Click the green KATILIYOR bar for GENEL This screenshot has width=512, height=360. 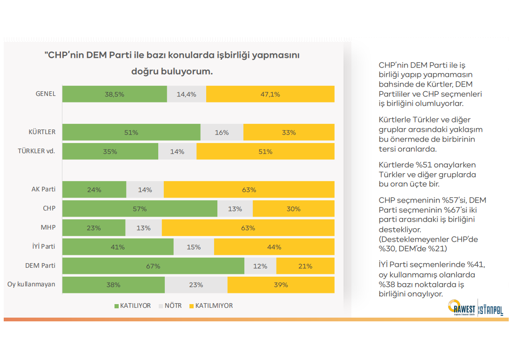pyautogui.click(x=115, y=94)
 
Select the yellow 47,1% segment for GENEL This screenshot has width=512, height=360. pyautogui.click(x=270, y=94)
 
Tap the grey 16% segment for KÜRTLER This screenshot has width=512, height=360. pyautogui.click(x=222, y=132)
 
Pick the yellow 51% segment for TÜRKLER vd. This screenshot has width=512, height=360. pyautogui.click(x=265, y=151)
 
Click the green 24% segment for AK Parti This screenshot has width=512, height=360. pyautogui.click(x=94, y=190)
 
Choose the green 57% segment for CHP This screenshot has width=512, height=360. pyautogui.click(x=140, y=209)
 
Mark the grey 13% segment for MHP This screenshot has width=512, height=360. pyautogui.click(x=143, y=228)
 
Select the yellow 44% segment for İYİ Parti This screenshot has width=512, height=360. pyautogui.click(x=274, y=247)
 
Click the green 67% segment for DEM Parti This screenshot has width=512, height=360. pyautogui.click(x=153, y=266)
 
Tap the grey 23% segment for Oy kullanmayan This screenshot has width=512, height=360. pyautogui.click(x=196, y=285)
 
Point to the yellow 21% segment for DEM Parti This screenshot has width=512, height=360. pyautogui.click(x=305, y=266)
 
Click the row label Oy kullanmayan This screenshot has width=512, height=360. pyautogui.click(x=32, y=285)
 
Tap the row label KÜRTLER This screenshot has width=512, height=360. pyautogui.click(x=42, y=132)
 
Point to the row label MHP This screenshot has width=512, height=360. pyautogui.click(x=48, y=227)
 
